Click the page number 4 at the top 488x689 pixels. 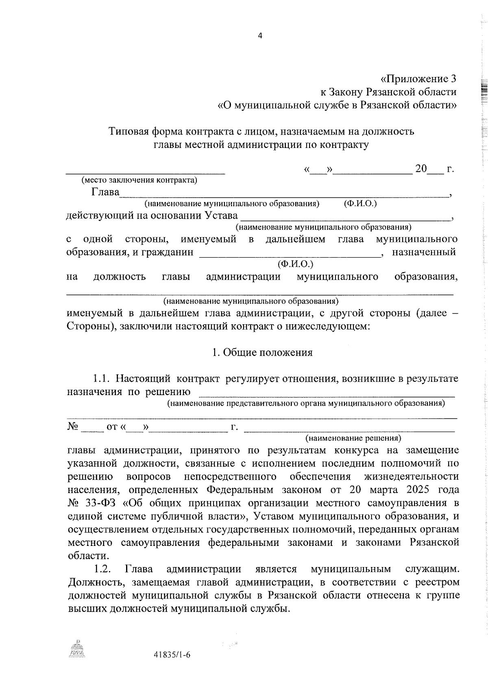260,36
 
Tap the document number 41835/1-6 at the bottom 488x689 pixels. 172,655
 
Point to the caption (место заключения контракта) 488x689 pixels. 139,180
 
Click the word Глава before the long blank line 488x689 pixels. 105,192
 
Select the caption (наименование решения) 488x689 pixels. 353,438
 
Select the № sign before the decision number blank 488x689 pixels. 72,427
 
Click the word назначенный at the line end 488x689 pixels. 423,252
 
